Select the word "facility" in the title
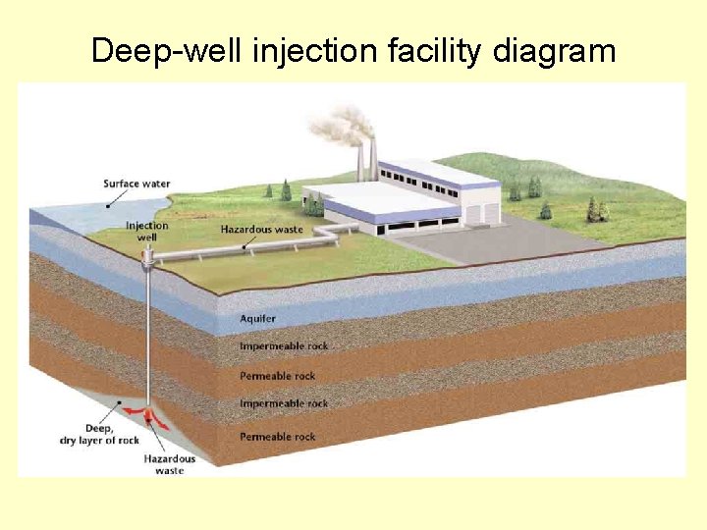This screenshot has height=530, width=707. [x=412, y=50]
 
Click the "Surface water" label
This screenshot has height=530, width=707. [x=136, y=184]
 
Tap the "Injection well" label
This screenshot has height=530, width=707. [x=146, y=231]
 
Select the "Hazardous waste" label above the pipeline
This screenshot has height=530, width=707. [x=262, y=229]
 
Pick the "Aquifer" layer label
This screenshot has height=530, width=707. [x=258, y=318]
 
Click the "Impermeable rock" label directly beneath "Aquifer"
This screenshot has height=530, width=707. [x=284, y=345]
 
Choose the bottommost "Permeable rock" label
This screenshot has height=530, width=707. [x=278, y=436]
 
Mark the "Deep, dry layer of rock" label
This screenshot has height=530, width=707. [x=99, y=434]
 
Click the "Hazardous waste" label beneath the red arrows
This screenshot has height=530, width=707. [x=169, y=464]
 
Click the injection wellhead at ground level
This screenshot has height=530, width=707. [x=148, y=257]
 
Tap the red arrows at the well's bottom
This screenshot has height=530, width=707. [x=147, y=417]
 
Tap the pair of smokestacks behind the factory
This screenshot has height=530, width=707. [x=366, y=162]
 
